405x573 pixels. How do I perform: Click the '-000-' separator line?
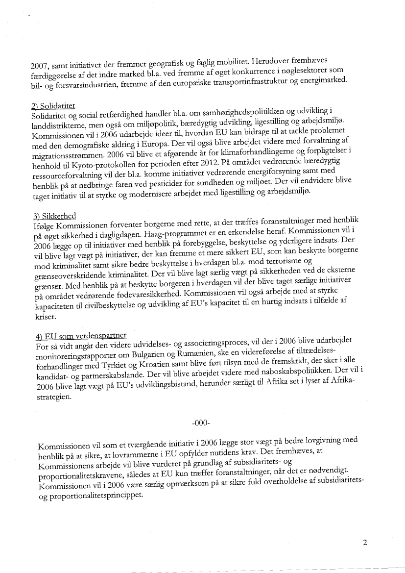(x=202, y=422)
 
